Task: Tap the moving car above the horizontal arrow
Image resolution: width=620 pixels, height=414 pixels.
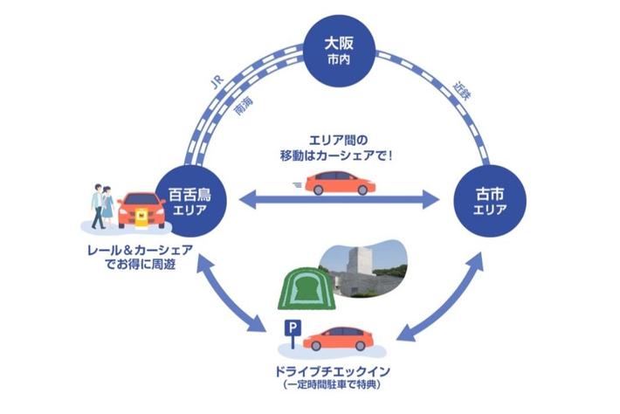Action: [x=341, y=183]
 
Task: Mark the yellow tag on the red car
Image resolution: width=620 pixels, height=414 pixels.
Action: [x=141, y=222]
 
